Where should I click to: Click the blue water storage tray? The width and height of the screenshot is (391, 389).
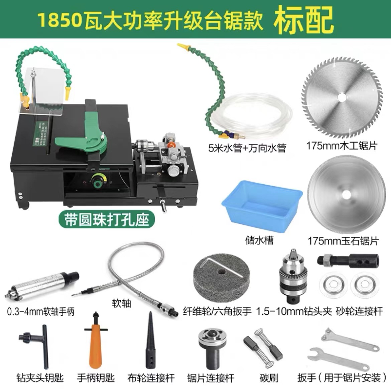click(262, 203)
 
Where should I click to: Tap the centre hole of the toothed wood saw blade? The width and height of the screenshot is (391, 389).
click(342, 97)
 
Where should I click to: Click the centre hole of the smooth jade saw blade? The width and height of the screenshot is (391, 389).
click(346, 194)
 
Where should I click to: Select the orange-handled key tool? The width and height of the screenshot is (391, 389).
click(96, 342)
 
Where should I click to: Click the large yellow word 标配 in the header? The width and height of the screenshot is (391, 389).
click(304, 19)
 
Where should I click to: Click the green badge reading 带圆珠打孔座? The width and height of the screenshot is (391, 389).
click(107, 220)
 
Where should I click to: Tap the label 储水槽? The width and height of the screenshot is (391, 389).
click(260, 240)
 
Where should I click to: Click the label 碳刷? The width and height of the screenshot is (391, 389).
click(269, 378)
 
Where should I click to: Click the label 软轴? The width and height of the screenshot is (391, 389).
click(121, 303)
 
